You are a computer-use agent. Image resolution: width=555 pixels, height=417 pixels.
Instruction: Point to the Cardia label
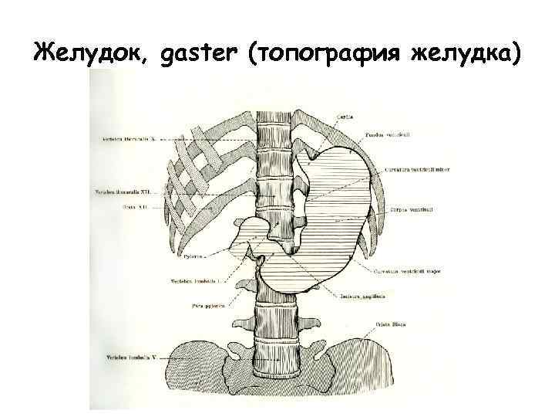pos(345,117)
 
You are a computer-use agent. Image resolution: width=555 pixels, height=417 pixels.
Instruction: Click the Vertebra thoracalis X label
pos(127,139)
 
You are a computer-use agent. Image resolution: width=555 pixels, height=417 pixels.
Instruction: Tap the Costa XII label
pos(135,208)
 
